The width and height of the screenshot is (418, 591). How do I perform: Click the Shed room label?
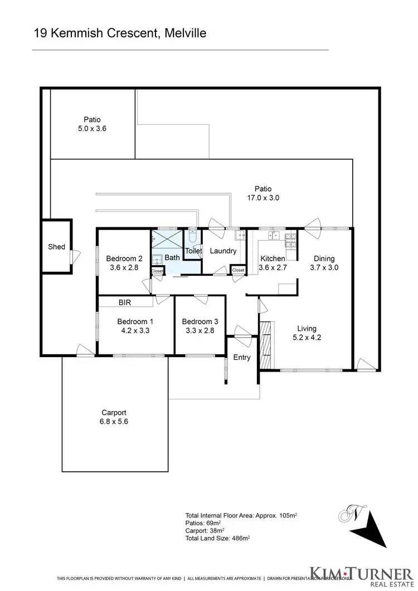56,247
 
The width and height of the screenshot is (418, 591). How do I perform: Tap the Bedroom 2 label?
125,258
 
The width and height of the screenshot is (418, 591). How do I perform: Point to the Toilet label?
193,251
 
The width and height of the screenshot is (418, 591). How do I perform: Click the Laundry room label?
223,251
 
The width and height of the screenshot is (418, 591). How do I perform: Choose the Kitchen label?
273,258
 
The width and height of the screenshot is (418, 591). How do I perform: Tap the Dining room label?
324,258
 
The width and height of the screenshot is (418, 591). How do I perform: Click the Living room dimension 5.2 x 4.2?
306,337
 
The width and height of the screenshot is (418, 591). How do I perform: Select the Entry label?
242,358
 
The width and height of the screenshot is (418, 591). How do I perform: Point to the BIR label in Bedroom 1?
124,302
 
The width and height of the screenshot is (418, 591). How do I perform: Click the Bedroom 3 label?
200,321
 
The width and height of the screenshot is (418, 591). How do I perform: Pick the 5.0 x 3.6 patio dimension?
92,128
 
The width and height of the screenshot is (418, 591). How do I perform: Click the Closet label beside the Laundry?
238,270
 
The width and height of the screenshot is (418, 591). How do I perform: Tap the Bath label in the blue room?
172,258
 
